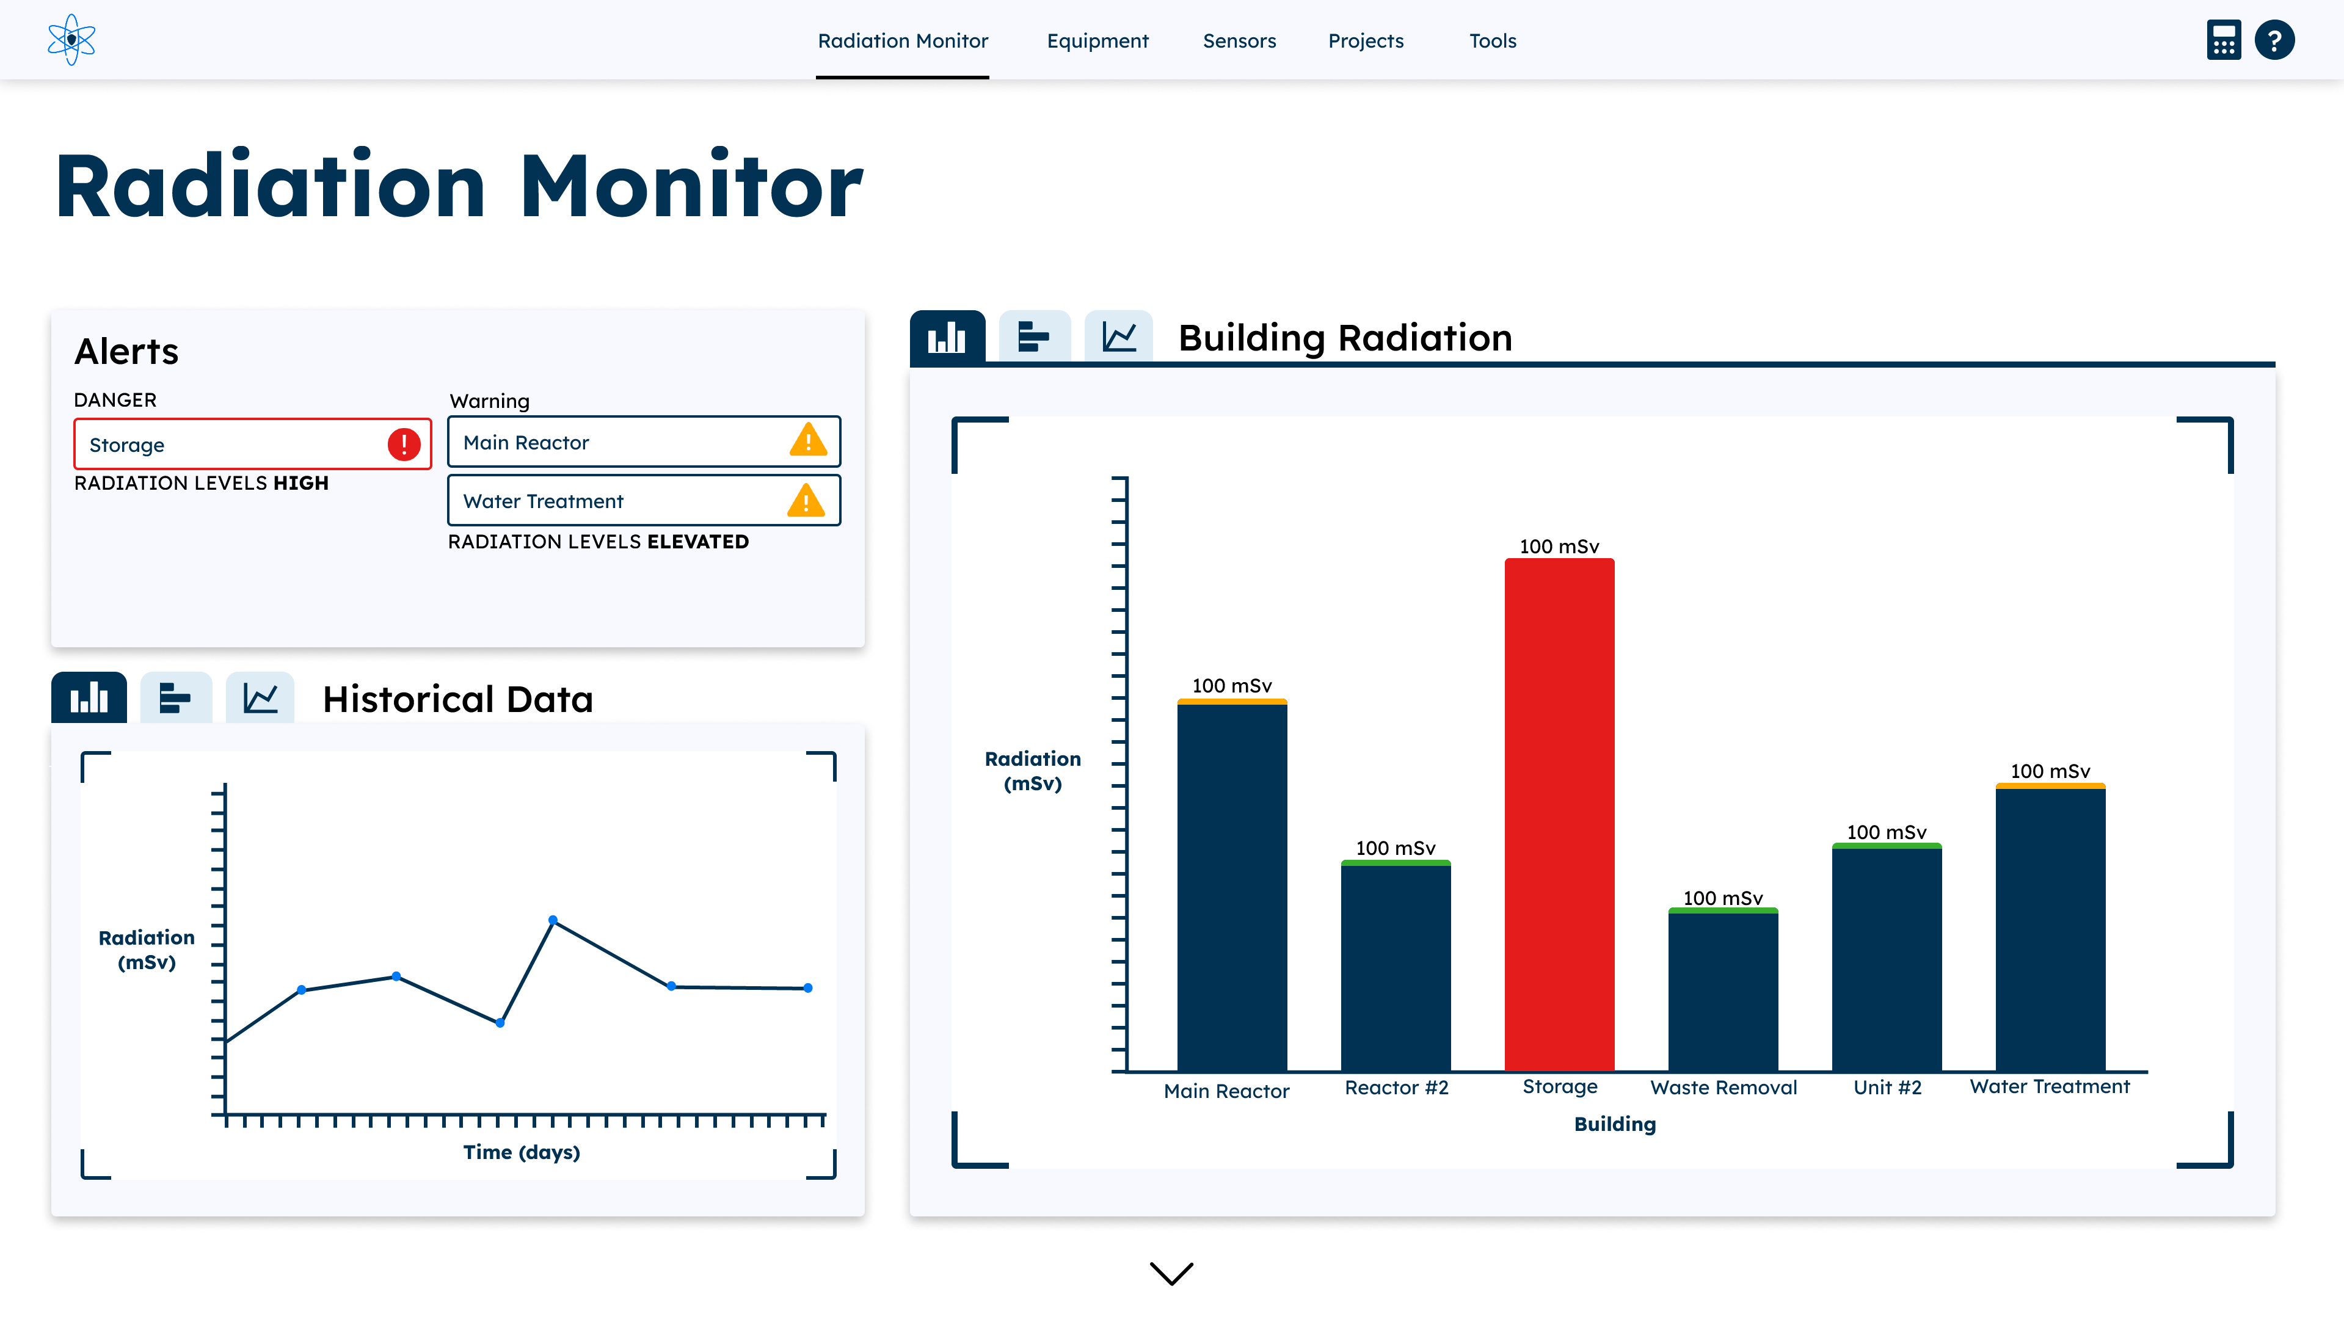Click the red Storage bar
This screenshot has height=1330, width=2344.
pos(1559,813)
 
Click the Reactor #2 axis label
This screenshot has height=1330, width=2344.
pos(1396,1087)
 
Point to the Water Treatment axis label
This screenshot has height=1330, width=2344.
pos(2049,1086)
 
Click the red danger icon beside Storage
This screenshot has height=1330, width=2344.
pos(404,445)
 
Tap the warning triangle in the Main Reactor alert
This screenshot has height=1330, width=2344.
pos(807,442)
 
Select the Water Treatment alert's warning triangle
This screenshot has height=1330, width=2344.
pos(806,501)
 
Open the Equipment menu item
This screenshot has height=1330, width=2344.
pos(1097,41)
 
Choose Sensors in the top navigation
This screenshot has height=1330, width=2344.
pos(1239,41)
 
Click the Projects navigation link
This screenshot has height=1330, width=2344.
pos(1366,41)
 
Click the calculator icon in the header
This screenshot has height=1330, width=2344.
pos(2224,40)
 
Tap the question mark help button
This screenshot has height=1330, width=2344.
pos(2274,40)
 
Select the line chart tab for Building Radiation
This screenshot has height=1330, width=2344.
pos(1118,337)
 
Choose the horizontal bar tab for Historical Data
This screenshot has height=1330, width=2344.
pos(175,699)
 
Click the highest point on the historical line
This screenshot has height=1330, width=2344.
pos(553,920)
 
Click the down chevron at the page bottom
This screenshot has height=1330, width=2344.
pos(1171,1273)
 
